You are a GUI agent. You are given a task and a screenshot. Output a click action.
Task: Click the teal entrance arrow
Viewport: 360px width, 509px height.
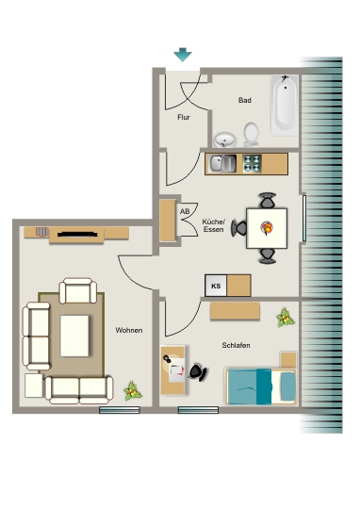[x=183, y=55]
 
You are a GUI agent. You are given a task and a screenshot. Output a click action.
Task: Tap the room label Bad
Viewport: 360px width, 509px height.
[x=244, y=100]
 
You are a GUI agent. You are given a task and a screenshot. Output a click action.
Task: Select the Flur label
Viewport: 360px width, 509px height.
[x=184, y=117]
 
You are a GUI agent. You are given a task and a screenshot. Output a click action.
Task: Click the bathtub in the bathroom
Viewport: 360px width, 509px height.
[x=285, y=105]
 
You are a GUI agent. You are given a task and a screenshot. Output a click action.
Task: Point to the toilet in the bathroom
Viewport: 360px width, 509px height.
[x=252, y=135]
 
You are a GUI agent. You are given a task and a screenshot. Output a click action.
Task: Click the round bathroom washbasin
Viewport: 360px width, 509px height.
[x=224, y=140]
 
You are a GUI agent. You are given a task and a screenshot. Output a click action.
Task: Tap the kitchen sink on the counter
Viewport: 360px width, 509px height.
[x=222, y=164]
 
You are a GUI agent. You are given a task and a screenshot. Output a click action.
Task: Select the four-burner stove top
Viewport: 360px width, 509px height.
[x=253, y=163]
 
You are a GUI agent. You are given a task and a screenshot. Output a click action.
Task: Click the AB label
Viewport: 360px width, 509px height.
[x=185, y=212]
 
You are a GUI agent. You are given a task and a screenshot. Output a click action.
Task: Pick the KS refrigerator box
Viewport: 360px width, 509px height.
[x=216, y=286]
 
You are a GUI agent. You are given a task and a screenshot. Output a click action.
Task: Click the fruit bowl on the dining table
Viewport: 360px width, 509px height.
[x=267, y=227]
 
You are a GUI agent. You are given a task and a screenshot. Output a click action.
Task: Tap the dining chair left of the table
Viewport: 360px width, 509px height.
[x=238, y=228]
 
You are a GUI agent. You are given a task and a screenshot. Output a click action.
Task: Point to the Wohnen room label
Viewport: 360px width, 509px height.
[x=129, y=330]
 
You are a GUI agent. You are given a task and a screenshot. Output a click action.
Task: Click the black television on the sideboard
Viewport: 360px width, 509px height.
[x=77, y=234]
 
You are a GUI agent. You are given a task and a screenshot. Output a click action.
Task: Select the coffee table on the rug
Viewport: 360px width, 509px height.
[x=74, y=336]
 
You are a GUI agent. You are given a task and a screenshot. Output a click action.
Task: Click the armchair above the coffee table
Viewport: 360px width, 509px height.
[x=78, y=290]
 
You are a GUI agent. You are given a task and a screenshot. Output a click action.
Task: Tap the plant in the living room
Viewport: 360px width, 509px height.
[x=132, y=390]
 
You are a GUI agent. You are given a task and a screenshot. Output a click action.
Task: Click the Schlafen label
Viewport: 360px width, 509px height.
[x=236, y=345]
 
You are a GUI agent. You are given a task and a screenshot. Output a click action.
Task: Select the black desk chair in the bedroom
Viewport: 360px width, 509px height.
[x=198, y=372]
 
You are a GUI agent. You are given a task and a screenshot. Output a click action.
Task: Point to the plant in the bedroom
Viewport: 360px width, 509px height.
[x=286, y=318]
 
